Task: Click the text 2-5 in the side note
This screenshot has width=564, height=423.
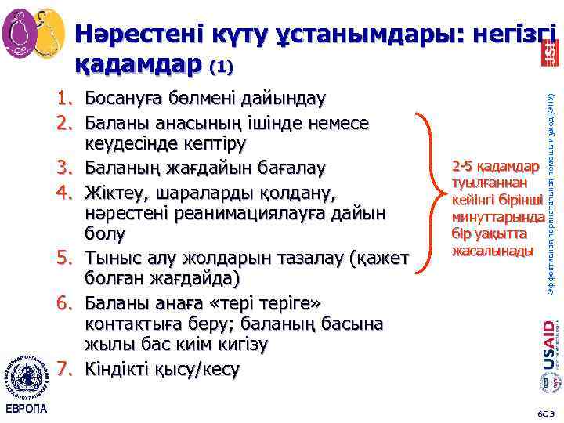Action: click(x=461, y=167)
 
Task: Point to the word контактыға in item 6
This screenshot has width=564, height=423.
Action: click(x=129, y=324)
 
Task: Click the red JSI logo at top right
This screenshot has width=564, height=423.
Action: click(x=549, y=54)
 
